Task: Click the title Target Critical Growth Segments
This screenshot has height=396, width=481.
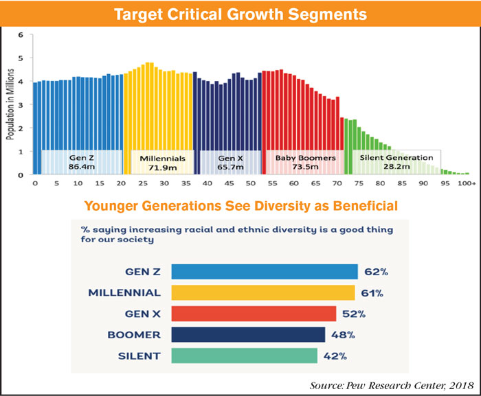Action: tap(240, 13)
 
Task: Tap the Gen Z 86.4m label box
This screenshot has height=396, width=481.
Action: tap(82, 162)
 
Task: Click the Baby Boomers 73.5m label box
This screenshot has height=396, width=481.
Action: tap(305, 162)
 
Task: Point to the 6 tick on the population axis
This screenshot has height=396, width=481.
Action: tap(21, 35)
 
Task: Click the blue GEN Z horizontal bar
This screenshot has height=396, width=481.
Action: tap(265, 272)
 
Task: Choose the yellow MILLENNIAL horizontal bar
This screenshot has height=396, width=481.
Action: tap(263, 293)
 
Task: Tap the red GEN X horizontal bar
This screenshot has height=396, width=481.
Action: tap(254, 314)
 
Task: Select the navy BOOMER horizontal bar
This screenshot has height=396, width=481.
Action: tap(248, 335)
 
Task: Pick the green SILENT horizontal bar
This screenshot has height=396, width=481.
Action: tap(244, 356)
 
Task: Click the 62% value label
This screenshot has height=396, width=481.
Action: tap(376, 272)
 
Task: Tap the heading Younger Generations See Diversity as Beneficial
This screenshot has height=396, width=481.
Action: tap(240, 205)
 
